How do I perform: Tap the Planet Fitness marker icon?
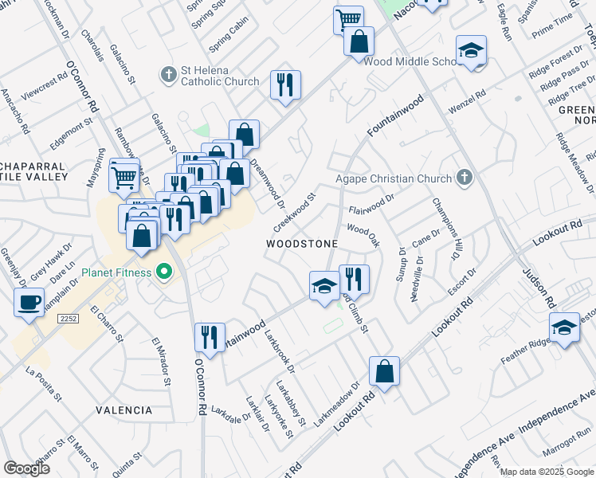point(166,272)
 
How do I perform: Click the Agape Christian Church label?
point(393,178)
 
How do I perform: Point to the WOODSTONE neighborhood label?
point(302,243)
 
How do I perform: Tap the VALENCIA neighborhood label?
point(124,410)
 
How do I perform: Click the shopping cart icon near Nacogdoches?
point(348,18)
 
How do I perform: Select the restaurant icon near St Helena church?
point(285,84)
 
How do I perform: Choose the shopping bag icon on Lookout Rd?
point(384,371)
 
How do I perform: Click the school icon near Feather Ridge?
point(564,327)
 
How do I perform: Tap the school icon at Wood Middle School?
point(472,50)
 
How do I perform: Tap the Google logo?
point(27,468)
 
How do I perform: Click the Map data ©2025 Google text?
point(547,472)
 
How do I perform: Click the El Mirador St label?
point(162,361)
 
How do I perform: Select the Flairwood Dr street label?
point(372,204)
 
